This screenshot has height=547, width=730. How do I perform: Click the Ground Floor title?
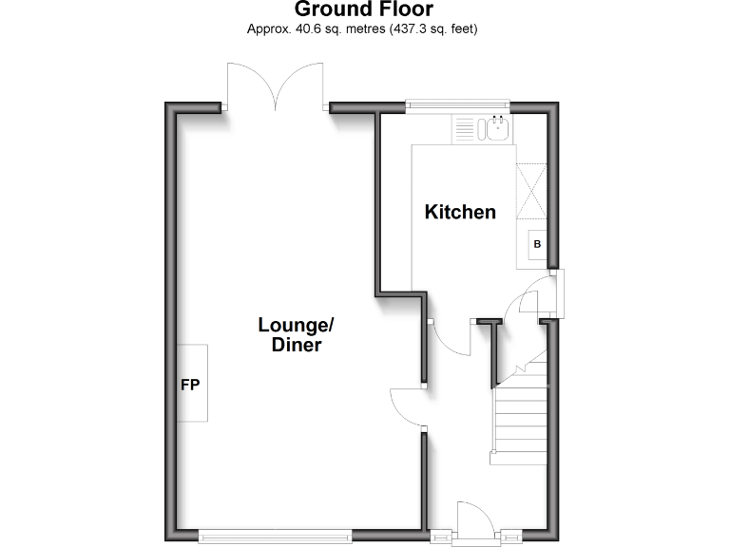[363, 10]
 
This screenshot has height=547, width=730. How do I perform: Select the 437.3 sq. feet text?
[430, 29]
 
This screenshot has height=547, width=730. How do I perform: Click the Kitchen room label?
[460, 212]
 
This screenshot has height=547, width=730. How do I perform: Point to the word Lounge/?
[296, 325]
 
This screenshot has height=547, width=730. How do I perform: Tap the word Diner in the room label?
[297, 346]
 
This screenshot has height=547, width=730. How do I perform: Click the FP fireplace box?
[191, 384]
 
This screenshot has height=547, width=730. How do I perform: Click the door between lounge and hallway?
[407, 408]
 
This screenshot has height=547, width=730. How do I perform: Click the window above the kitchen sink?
[457, 104]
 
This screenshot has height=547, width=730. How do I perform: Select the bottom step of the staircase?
[519, 458]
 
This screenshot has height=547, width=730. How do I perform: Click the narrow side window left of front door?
[440, 536]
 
